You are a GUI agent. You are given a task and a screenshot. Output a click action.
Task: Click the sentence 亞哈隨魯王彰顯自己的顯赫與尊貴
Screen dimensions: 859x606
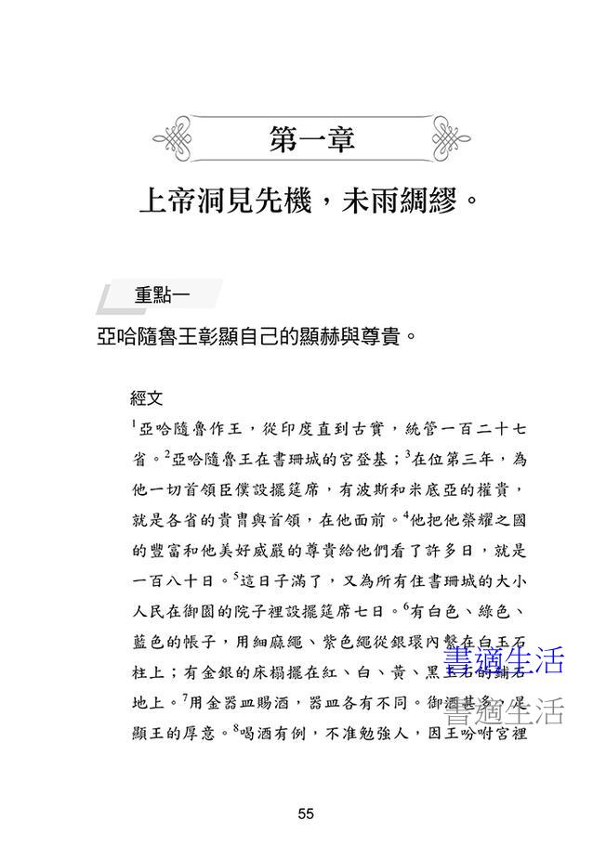[253, 335]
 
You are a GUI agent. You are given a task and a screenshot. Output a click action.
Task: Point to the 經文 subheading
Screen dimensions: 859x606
[147, 398]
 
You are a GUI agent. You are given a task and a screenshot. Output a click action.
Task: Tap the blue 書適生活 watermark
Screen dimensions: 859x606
[502, 660]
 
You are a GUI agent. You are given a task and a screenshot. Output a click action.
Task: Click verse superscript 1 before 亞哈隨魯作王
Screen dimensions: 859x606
[134, 424]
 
